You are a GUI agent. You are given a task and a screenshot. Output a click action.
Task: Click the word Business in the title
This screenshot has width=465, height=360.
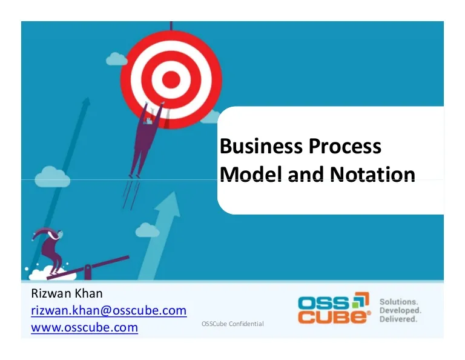(x=261, y=146)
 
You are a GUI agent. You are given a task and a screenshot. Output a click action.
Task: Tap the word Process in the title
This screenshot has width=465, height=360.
(x=345, y=146)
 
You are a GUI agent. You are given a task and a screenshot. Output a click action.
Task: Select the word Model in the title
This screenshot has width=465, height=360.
(x=251, y=174)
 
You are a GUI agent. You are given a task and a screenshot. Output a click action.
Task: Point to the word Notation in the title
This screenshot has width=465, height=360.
(x=372, y=174)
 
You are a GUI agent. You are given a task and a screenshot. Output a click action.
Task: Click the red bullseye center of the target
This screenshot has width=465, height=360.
(x=171, y=79)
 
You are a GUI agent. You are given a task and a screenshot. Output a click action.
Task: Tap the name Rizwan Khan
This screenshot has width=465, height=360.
(x=67, y=293)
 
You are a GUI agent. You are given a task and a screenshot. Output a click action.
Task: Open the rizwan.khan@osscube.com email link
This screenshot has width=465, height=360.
(x=109, y=310)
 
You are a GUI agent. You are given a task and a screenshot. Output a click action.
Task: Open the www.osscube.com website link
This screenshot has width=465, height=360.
(x=85, y=327)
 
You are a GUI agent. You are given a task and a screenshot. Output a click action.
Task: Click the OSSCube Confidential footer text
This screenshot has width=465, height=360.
(x=232, y=324)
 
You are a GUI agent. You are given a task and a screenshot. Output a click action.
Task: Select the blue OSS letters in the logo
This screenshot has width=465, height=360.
(x=324, y=303)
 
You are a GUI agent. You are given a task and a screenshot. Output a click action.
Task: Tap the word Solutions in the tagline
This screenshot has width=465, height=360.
(x=398, y=302)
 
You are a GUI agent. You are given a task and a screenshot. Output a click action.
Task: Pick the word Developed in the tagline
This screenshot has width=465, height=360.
(x=400, y=310)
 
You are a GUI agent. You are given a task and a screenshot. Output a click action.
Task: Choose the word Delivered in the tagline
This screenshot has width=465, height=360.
(x=398, y=319)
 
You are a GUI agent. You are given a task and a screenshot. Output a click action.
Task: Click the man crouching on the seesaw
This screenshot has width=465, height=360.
(x=50, y=249)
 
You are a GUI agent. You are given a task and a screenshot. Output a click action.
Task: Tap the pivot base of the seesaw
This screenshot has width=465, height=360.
(x=88, y=272)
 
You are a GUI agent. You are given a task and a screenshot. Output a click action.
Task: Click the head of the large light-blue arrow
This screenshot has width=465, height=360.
(x=168, y=205)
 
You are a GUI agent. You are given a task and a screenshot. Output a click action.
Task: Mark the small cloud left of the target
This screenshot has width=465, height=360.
(x=116, y=59)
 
